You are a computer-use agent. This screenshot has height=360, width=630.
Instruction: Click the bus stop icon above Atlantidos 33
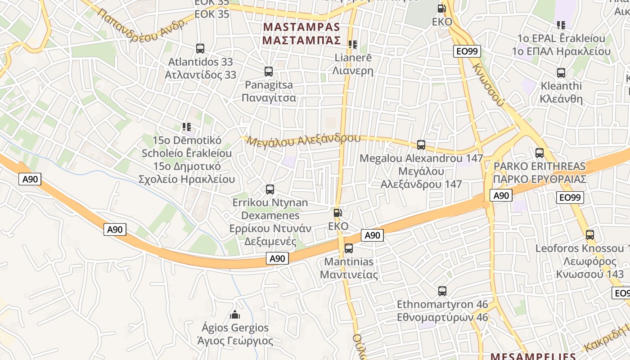tap(200, 48)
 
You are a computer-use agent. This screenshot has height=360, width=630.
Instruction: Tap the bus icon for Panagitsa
tap(269, 71)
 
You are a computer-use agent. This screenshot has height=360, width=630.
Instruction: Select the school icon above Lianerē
tap(352, 44)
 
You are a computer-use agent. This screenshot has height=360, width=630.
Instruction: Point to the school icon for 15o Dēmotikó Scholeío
tap(187, 127)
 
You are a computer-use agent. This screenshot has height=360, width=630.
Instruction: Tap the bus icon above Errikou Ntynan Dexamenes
tap(270, 189)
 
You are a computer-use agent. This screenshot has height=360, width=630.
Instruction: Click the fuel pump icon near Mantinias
tap(337, 213)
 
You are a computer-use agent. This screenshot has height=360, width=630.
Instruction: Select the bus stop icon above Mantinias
tap(348, 248)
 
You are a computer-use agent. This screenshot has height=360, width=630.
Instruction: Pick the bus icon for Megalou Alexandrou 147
tap(421, 145)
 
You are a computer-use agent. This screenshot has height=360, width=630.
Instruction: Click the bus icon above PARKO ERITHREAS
tap(540, 153)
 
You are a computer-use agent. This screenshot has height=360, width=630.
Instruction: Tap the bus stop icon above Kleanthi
tap(561, 72)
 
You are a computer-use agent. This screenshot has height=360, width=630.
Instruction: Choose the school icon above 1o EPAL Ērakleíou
tap(561, 25)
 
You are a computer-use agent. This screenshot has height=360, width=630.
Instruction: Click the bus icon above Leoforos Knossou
tap(589, 235)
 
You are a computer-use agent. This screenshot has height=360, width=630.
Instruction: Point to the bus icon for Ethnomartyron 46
tap(442, 291)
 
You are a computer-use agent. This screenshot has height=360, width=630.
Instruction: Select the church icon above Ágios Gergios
tap(235, 314)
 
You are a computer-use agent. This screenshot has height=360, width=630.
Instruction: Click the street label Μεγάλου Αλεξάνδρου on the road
tap(304, 140)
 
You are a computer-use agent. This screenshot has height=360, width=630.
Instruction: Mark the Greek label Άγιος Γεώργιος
tap(235, 341)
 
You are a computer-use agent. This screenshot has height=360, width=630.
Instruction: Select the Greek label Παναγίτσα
tap(269, 98)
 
